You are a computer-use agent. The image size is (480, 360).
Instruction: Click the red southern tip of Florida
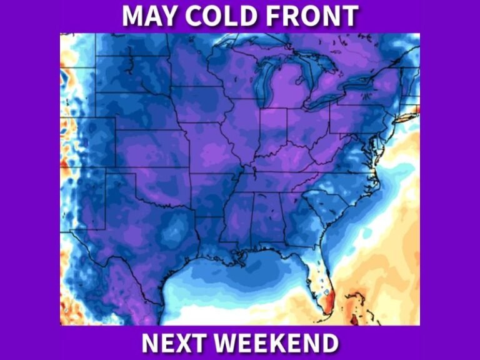click(330, 292)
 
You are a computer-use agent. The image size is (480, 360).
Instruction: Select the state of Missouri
click(212, 150)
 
